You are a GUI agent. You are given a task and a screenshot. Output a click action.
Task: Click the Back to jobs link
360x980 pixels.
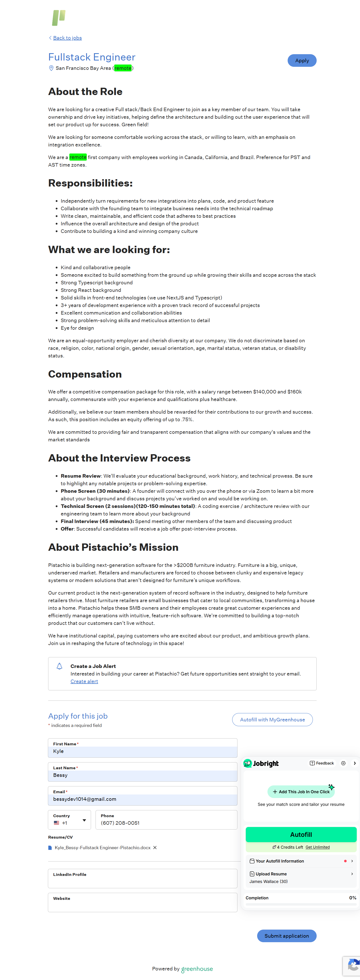(x=67, y=38)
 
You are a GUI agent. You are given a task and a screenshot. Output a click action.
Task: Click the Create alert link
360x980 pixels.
(x=84, y=681)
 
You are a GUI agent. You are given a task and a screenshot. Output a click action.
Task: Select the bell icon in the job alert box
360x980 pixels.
(x=59, y=666)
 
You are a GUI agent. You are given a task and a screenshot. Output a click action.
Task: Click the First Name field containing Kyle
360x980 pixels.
(x=142, y=751)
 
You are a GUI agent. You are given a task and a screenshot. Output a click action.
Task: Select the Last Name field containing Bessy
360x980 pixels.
(x=142, y=775)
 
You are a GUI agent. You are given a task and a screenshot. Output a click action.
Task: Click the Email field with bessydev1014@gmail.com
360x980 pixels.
(x=142, y=799)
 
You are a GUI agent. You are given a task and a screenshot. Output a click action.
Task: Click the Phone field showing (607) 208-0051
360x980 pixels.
(x=166, y=823)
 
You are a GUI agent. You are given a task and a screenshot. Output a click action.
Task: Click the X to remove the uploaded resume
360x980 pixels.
(x=155, y=848)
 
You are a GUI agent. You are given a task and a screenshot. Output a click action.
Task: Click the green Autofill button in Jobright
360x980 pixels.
(x=301, y=834)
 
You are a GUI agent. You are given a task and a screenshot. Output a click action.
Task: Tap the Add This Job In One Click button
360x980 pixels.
(x=301, y=792)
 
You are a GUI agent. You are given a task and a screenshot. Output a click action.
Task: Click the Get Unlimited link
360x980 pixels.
(x=317, y=847)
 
